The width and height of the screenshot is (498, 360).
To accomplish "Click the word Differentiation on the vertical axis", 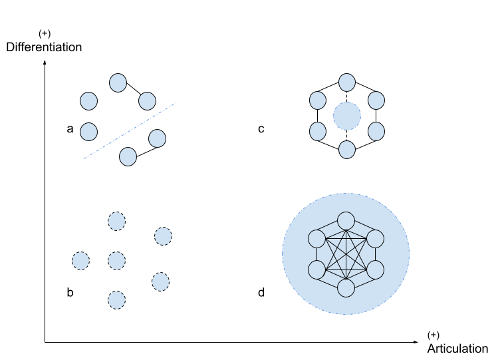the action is point(44,47).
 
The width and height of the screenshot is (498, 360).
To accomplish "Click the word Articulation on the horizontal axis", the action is point(457,349).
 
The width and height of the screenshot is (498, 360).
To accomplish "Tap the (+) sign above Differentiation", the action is point(45,33).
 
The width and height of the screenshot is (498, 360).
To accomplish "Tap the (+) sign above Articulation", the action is point(434,335).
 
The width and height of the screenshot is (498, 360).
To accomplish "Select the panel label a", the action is point(70,129).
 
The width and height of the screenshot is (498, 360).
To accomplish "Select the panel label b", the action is point(70,292).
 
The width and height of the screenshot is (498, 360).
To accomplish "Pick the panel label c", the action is point(261,129).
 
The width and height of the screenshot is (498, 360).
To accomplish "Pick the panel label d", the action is point(261,292).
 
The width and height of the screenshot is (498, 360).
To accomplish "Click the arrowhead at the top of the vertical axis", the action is point(45,62).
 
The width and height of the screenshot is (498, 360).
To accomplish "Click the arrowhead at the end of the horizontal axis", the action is point(416,342).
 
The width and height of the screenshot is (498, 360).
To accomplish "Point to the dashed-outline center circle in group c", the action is point(347,116).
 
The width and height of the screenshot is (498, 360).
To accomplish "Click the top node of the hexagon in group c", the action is point(347,83).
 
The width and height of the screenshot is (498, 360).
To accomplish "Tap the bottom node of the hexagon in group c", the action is point(347,149).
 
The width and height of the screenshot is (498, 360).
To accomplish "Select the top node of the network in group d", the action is point(346,221).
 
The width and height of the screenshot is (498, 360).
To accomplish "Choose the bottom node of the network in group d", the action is point(346,288).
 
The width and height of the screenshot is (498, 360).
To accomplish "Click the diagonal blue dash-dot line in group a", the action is point(130,130).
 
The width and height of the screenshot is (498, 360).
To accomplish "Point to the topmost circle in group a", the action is point(118,83).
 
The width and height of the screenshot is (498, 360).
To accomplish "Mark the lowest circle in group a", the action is point(128,156).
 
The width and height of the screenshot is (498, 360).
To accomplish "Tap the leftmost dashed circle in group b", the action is point(80,261).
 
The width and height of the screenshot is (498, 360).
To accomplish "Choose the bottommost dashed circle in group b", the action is point(116,300).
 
